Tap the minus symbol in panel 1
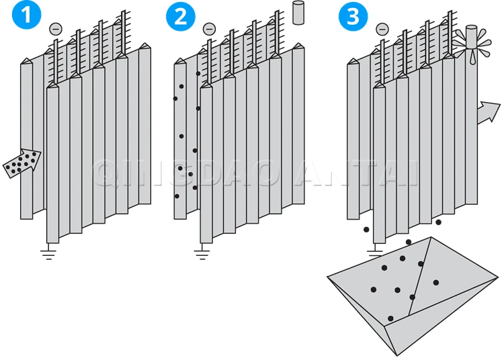(x=55, y=29)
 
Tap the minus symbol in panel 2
(x=209, y=29)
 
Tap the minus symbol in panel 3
(x=382, y=29)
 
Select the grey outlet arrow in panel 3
(x=489, y=112)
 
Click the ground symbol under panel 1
(x=48, y=254)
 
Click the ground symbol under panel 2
(x=201, y=254)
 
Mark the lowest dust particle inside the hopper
(x=390, y=318)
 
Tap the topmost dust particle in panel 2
(x=198, y=73)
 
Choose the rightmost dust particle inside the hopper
(x=436, y=282)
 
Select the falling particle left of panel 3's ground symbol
(x=366, y=230)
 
